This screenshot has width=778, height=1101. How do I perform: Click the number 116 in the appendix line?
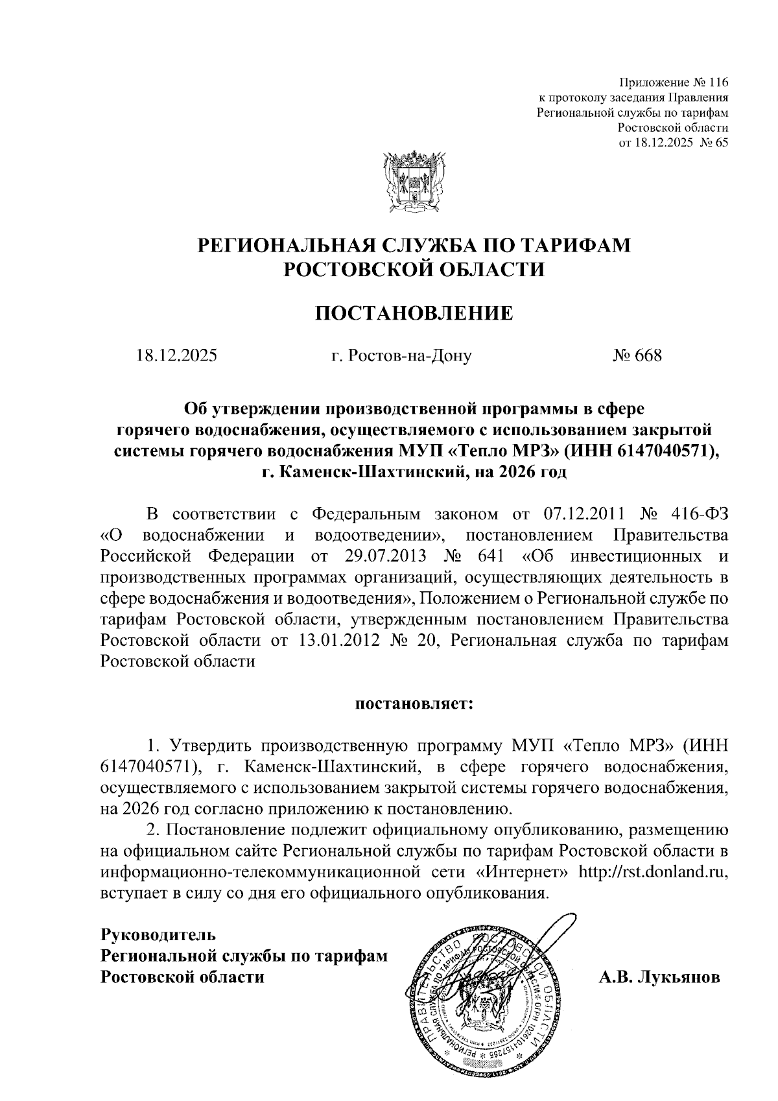coord(717,83)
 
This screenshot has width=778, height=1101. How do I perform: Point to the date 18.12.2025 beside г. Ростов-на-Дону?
coord(177,356)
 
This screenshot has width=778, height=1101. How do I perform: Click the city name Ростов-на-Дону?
coord(410,356)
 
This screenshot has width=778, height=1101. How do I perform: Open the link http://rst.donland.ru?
coord(653,871)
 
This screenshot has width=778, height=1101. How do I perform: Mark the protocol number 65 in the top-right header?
coord(722,143)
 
